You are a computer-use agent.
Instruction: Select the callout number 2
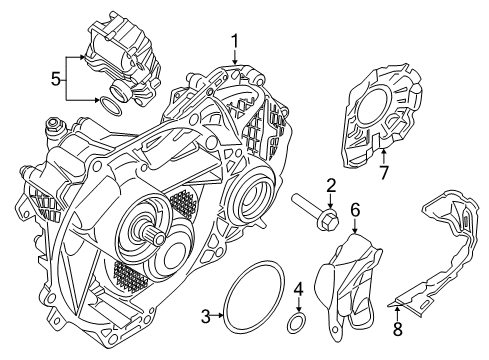pos(329,184)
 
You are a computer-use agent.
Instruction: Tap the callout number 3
pos(205,317)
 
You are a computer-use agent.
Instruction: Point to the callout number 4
pos(297,292)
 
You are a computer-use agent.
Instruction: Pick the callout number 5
pos(56,77)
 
